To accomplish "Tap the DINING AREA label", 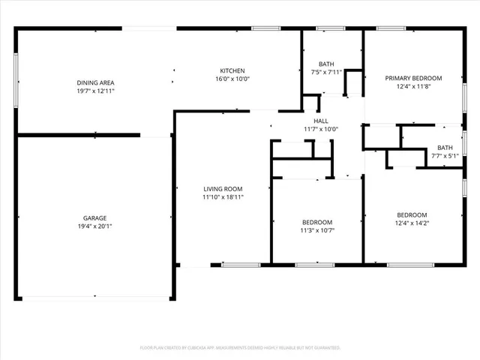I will tap(95, 82).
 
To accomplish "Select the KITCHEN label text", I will tap(232, 70).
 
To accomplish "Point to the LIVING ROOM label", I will tap(223, 189).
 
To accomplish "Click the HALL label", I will tap(320, 121).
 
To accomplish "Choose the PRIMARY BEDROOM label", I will tap(413, 78).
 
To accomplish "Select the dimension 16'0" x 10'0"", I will tap(232, 79).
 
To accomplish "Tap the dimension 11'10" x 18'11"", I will tap(223, 197).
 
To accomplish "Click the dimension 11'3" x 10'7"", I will tap(317, 230).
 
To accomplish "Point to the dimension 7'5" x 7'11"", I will tap(326, 72).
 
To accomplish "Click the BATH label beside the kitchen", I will tap(326, 64).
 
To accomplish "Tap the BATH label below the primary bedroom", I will tap(445, 148).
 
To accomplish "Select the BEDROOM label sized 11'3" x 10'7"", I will tap(317, 222).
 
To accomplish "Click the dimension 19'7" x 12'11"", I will tap(95, 91).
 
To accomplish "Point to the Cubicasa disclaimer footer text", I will tap(240, 348).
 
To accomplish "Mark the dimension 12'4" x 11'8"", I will tap(413, 86).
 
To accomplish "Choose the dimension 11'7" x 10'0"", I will tap(320, 129).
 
